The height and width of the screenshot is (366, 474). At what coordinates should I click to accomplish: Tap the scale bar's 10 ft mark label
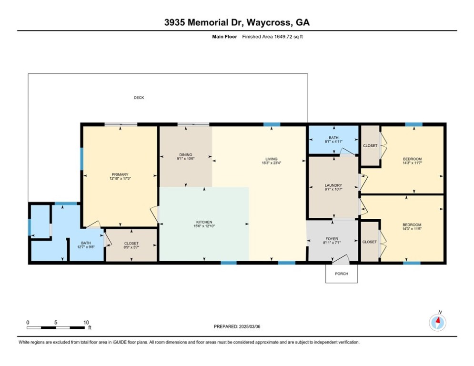[86, 323]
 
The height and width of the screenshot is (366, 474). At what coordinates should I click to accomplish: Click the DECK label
[139, 98]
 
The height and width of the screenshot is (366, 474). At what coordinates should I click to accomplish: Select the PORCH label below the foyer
[342, 274]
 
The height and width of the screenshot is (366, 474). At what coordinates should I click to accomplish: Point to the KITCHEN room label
[204, 222]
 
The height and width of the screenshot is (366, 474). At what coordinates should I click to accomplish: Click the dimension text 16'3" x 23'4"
[272, 163]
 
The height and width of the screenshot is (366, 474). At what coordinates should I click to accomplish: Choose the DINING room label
[186, 155]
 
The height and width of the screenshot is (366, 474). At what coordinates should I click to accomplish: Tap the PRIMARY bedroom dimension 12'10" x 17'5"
[120, 178]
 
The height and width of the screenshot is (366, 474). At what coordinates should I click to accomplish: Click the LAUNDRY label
[333, 185]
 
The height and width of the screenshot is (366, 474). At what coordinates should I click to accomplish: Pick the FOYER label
[332, 239]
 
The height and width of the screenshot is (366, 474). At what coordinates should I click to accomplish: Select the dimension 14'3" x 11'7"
[413, 163]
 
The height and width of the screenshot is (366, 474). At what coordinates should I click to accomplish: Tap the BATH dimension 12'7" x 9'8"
[86, 247]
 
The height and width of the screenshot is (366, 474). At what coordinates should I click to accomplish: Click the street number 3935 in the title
[174, 22]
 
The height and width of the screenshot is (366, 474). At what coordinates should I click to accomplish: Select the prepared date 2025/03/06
[250, 326]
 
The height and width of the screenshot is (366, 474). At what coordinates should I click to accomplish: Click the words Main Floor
[224, 37]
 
